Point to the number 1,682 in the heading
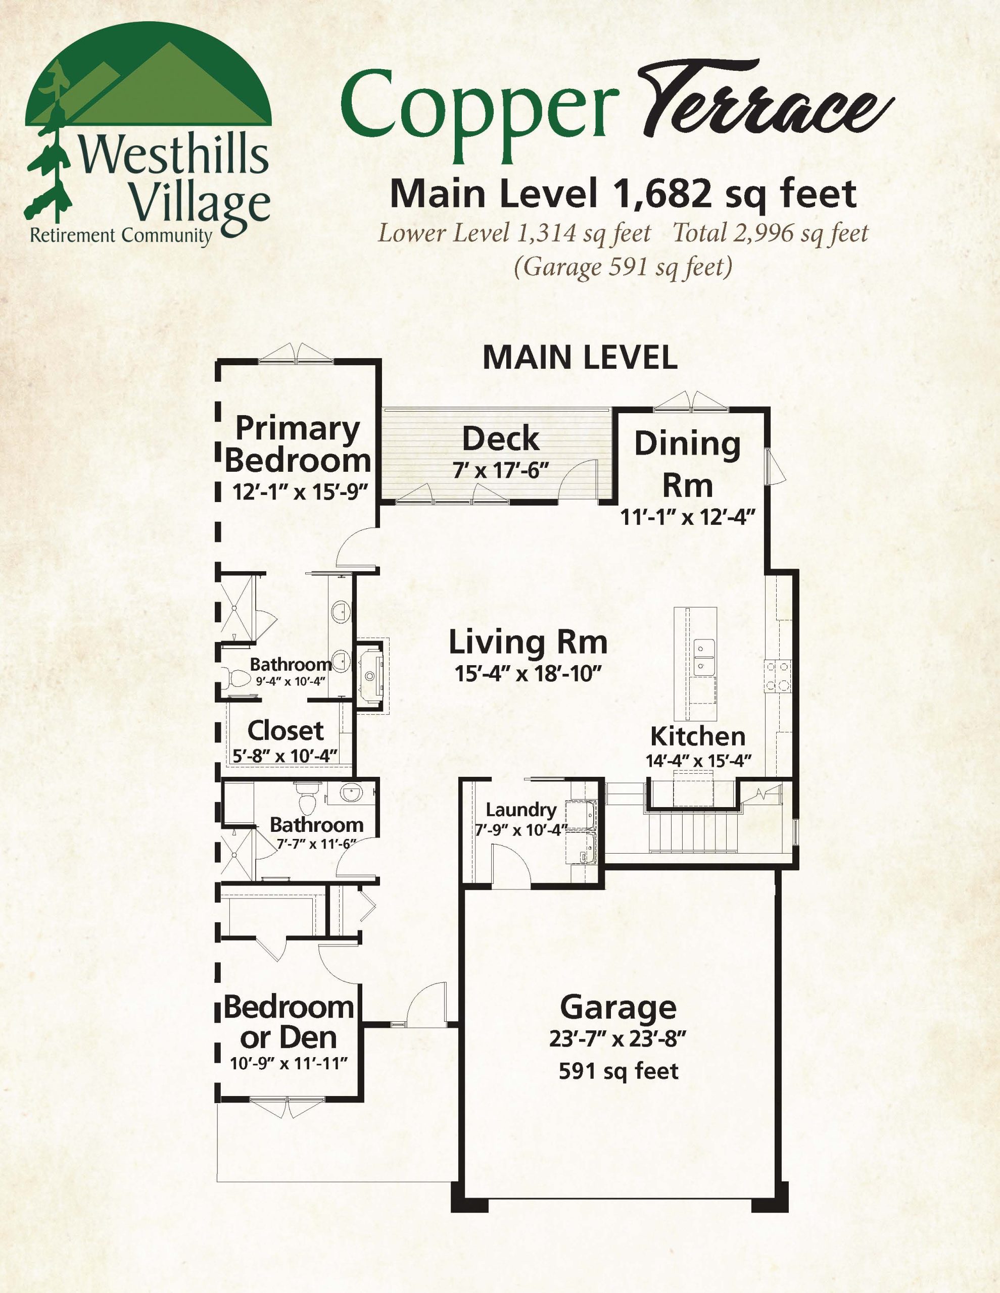[x=662, y=194]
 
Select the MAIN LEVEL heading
[x=580, y=358]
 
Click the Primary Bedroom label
[x=298, y=444]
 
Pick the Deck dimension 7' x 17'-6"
[x=501, y=471]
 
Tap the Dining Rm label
[x=687, y=465]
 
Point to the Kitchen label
[x=698, y=736]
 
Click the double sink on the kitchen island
[x=704, y=657]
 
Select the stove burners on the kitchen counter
[x=777, y=677]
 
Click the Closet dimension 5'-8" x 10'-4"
[x=285, y=756]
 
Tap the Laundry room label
[x=521, y=809]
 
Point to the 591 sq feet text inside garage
[x=618, y=1071]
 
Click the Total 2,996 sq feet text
[x=770, y=233]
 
